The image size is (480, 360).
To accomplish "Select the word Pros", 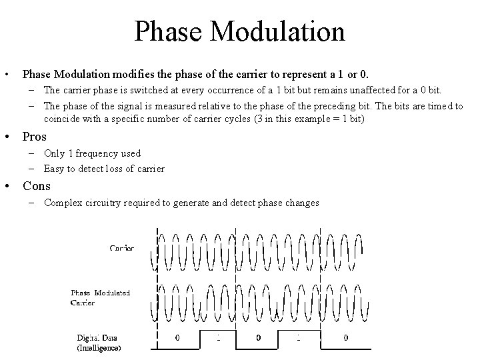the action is click(x=34, y=137).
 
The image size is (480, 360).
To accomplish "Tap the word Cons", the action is click(x=37, y=186).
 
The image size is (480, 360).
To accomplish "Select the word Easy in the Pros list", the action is click(x=55, y=169).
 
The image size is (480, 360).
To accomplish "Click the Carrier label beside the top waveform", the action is click(x=122, y=248).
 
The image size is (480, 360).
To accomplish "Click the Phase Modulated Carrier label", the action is click(x=100, y=297).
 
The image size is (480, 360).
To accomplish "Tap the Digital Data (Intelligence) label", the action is click(x=98, y=343).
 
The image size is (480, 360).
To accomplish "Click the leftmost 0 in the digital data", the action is click(x=177, y=338).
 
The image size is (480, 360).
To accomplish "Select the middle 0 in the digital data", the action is click(x=259, y=338).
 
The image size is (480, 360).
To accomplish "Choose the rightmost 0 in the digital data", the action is click(x=345, y=338).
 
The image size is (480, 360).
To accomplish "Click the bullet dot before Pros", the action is click(x=8, y=137).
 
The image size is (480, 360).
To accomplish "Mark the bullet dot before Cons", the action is click(x=8, y=187).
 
